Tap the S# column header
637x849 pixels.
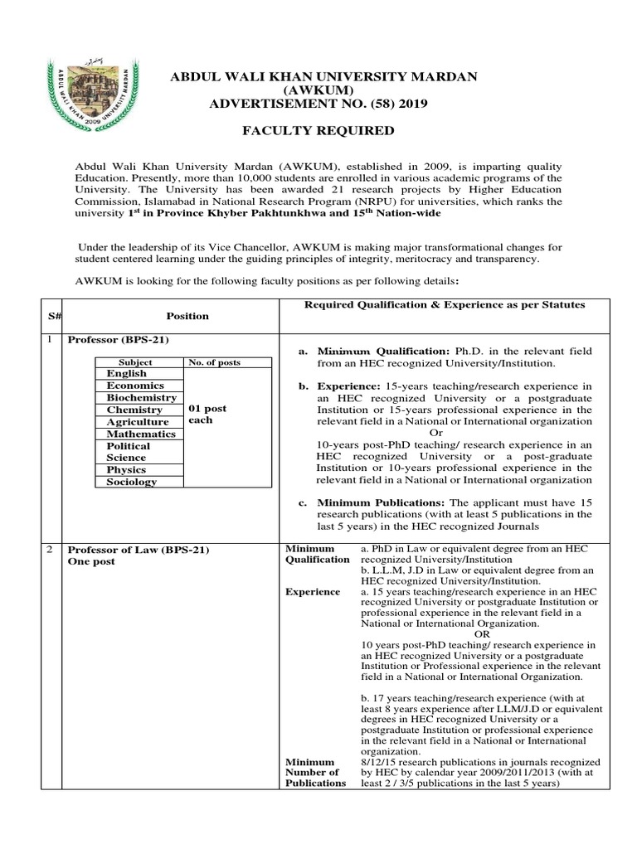(x=49, y=316)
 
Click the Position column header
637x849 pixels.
(x=187, y=316)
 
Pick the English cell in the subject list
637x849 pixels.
(x=126, y=374)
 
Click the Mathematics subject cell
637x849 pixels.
(x=140, y=434)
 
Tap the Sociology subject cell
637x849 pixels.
(x=131, y=482)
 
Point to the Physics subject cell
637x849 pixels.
(x=126, y=469)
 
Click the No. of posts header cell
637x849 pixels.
(x=213, y=362)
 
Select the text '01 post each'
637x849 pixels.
(x=207, y=415)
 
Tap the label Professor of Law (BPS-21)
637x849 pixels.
(x=139, y=550)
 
